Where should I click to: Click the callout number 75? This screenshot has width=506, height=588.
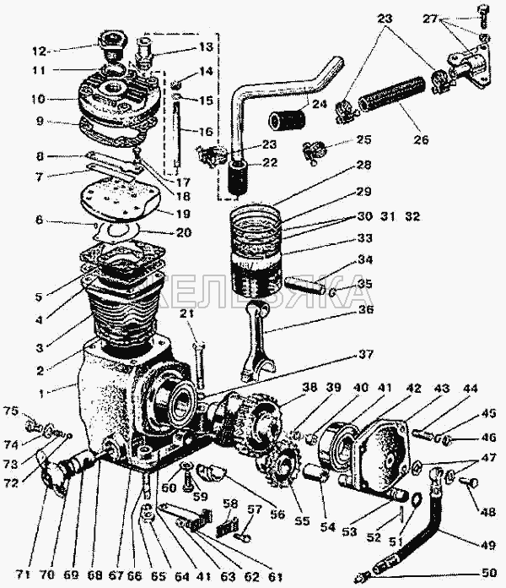pyautogui.click(x=11, y=411)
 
